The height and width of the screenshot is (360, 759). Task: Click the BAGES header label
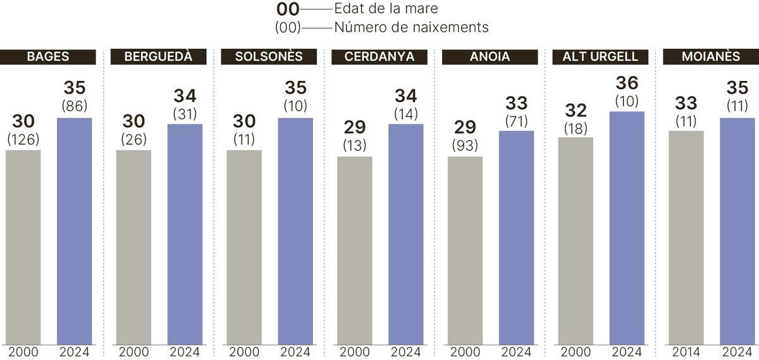pos(48,57)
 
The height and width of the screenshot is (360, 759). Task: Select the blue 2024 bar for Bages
pos(74,231)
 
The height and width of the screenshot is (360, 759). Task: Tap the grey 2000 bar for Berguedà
pos(133,247)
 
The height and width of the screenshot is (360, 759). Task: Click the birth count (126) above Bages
pos(23,139)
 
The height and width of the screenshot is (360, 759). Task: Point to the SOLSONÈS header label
pos(269,57)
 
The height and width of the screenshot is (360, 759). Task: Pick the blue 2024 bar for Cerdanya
pos(405,234)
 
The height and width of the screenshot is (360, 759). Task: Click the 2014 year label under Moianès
pos(686,352)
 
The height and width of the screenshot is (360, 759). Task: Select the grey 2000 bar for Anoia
pos(465,250)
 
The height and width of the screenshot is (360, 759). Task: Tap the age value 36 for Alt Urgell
pos(626,84)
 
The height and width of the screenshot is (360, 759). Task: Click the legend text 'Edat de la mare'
pos(386,9)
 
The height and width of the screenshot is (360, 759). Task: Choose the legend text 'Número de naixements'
pos(411,28)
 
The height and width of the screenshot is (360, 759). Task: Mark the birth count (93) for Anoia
pos(465,145)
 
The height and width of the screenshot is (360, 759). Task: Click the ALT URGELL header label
pos(600,57)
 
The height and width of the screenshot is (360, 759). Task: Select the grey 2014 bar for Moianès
pos(686,237)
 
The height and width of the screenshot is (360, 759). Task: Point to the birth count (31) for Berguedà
pos(185,114)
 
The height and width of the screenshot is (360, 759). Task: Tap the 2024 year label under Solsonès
pos(295,352)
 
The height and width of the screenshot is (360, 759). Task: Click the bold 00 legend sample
pos(288,9)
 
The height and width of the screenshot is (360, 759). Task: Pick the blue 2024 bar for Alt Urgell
pos(626,228)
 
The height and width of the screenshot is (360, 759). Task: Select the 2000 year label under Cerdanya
pos(354,352)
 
